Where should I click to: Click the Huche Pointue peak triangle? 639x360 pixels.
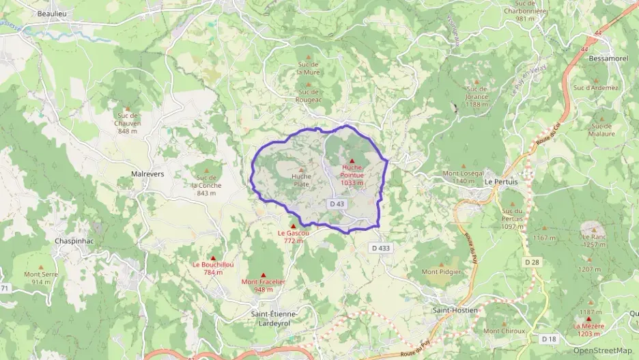352,161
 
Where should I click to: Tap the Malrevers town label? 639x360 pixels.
147,174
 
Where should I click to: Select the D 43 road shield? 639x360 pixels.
337,204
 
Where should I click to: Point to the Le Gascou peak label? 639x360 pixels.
294,236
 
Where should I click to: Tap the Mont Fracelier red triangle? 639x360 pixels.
263,275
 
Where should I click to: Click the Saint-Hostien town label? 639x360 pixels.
455,309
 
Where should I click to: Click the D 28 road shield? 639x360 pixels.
532,262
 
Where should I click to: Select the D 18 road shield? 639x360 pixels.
549,339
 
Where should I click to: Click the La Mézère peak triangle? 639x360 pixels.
588,319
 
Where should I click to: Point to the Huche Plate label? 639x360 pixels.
301,180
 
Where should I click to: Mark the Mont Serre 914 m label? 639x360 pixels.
41,278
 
